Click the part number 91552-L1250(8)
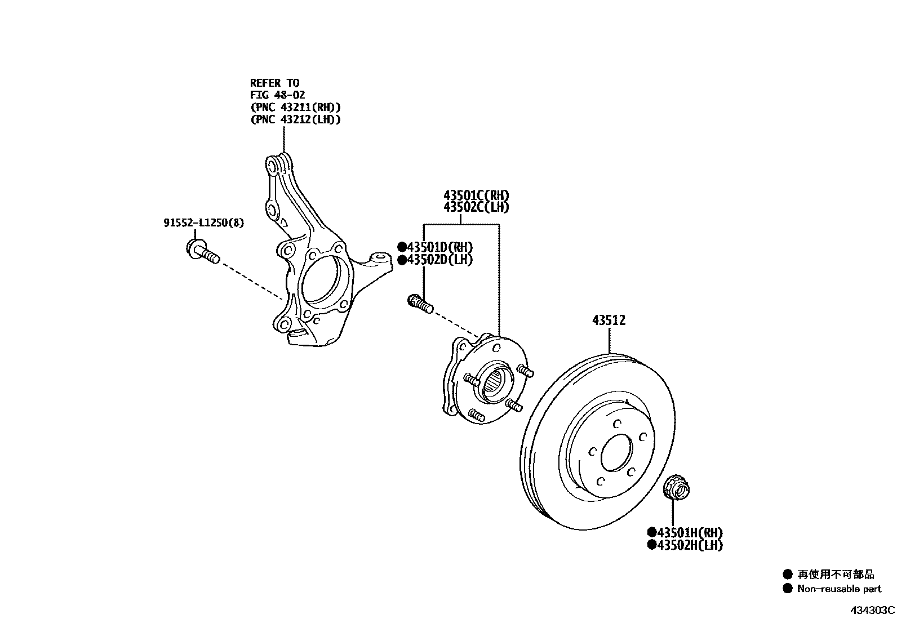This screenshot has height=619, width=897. (x=204, y=223)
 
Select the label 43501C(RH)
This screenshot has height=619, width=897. (x=476, y=195)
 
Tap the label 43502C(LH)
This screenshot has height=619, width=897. (x=476, y=207)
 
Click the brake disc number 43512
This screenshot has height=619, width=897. (x=609, y=320)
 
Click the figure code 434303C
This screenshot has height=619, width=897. (x=873, y=610)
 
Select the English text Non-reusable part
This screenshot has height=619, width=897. (x=839, y=589)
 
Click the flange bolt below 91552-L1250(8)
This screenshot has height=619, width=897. (x=201, y=252)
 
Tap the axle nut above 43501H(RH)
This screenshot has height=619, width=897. (x=674, y=488)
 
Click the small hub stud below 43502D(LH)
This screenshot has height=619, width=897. (x=419, y=304)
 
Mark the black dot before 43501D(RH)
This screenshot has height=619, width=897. (x=402, y=247)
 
